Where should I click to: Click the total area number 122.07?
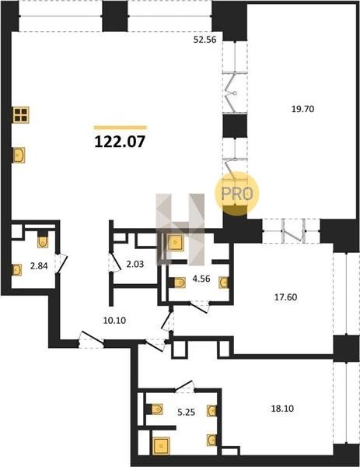pos(120,142)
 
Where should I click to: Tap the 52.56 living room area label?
pos(204,40)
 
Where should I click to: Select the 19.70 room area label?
pos(303,109)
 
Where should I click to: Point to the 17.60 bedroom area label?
pos(285,297)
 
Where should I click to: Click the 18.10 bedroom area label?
pos(282,409)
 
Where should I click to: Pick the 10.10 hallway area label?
pos(114,321)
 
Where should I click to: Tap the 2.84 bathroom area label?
pos(39,265)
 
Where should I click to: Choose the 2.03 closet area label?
pos(135,264)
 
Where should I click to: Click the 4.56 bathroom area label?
pos(201,279)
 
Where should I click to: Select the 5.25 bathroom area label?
pos(187,413)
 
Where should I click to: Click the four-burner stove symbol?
pos(21,115)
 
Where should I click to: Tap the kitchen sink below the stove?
pos(19,155)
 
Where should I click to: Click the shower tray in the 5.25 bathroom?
pos(161,446)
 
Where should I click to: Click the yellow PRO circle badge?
pos(237,194)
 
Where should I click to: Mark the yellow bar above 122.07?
pos(121,128)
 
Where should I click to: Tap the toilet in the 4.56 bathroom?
pos(177,283)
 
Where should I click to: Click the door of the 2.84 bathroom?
pos(61,264)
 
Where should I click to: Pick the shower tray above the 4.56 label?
pos(176,243)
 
